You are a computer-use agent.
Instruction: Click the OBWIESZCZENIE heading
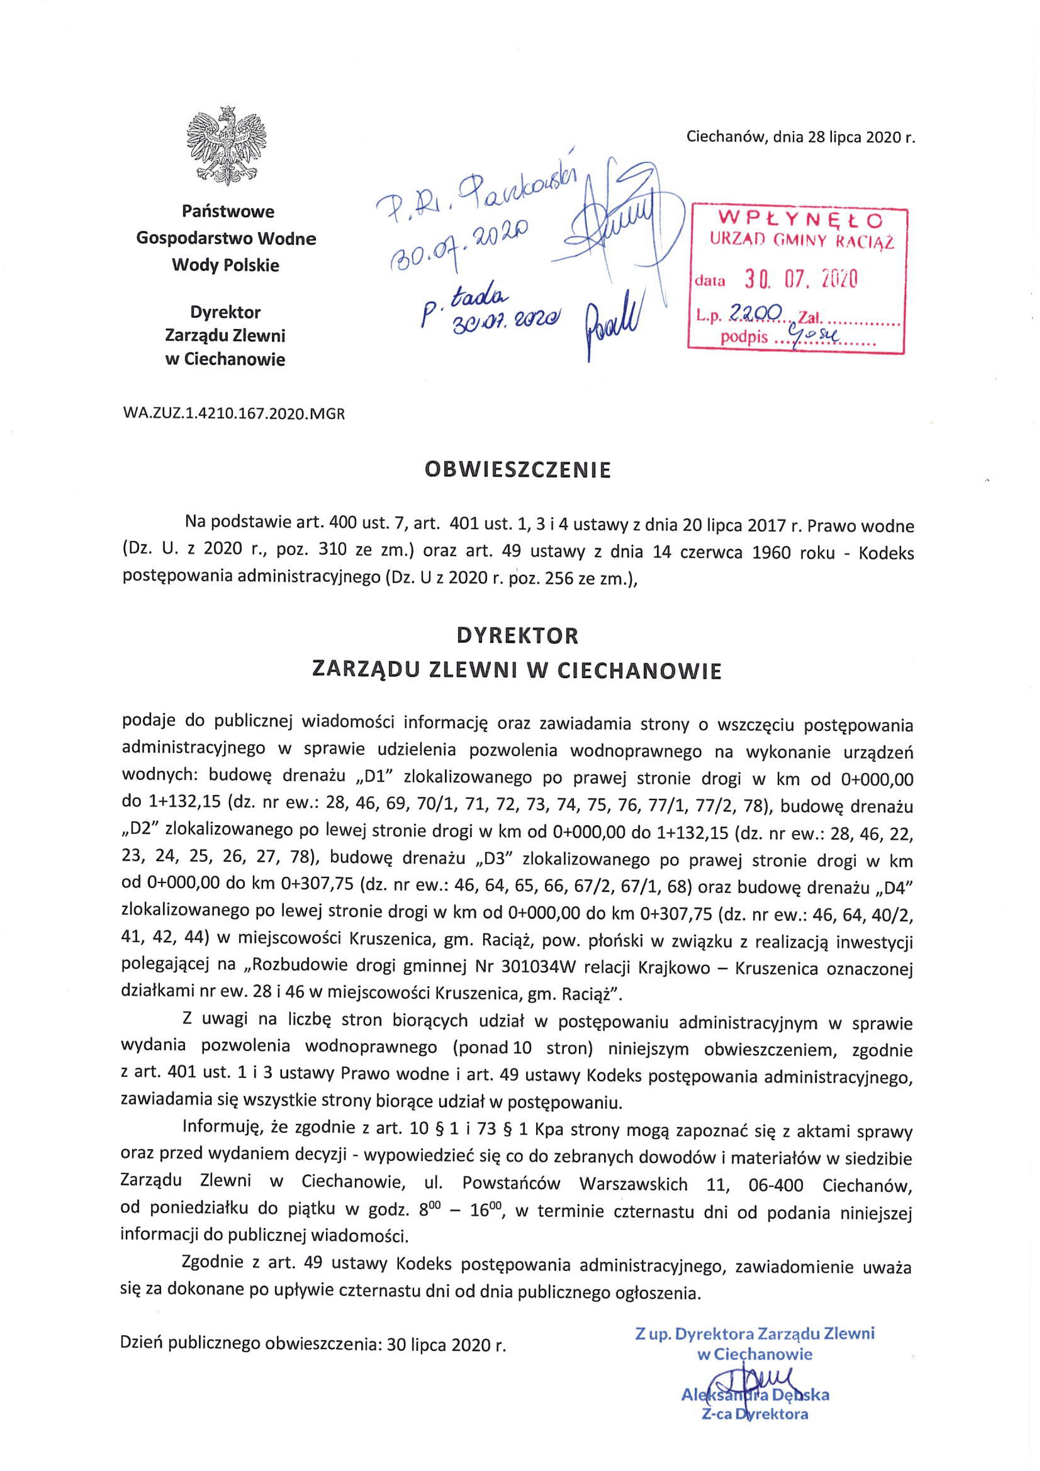point(519,470)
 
